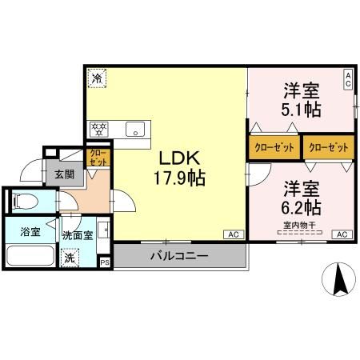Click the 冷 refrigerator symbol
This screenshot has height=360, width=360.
pyautogui.click(x=96, y=78)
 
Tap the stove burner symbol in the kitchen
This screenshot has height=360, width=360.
pyautogui.click(x=100, y=126)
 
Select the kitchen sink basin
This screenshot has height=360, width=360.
pyautogui.click(x=134, y=126)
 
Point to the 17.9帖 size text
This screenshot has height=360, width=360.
pyautogui.click(x=179, y=178)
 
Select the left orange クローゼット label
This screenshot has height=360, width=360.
pyautogui.click(x=273, y=148)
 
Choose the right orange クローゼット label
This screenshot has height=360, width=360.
pyautogui.click(x=328, y=148)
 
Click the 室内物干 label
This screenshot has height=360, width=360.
pyautogui.click(x=300, y=225)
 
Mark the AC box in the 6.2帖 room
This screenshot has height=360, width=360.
pyautogui.click(x=341, y=234)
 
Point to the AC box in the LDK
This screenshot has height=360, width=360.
pyautogui.click(x=234, y=234)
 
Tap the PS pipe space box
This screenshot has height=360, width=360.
pyautogui.click(x=105, y=261)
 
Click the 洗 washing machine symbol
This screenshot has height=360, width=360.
pyautogui.click(x=70, y=258)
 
